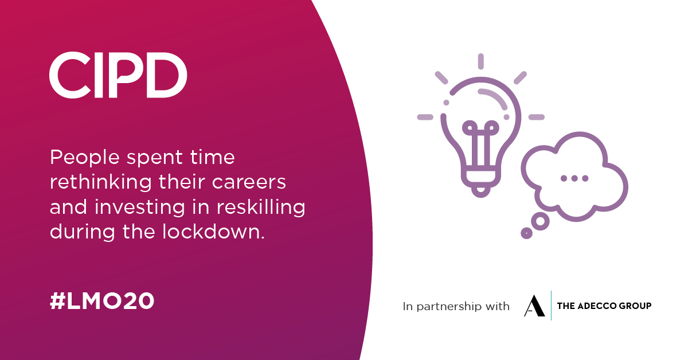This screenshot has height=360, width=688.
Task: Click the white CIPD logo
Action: pos(118,75)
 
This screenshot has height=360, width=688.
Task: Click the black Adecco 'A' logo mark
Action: pos(534,306)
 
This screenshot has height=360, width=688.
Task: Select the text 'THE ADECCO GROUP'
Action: pos(604,306)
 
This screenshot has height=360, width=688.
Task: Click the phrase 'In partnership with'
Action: pos(456,307)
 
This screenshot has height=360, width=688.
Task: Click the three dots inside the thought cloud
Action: pos(574,178)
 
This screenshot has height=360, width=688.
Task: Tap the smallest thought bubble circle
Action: pos(526,233)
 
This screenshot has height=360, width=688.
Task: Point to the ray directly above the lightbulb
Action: pos(481,61)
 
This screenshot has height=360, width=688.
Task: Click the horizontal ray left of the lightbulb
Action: pos(425,117)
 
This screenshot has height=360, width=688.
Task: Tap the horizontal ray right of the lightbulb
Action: pos(536,117)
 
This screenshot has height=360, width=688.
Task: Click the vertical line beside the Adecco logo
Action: pos(551,306)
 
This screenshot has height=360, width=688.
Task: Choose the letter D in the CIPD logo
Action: pos(169,75)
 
